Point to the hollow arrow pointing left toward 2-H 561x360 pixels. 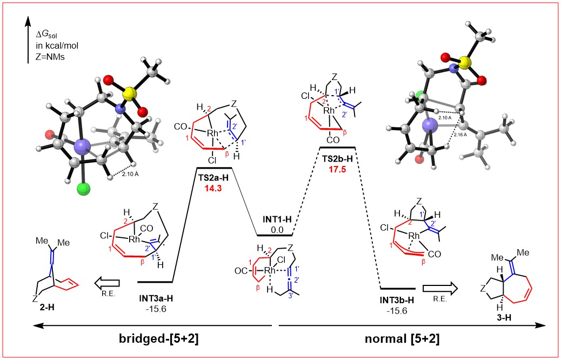(106, 281)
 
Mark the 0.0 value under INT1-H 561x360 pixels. (275, 229)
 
